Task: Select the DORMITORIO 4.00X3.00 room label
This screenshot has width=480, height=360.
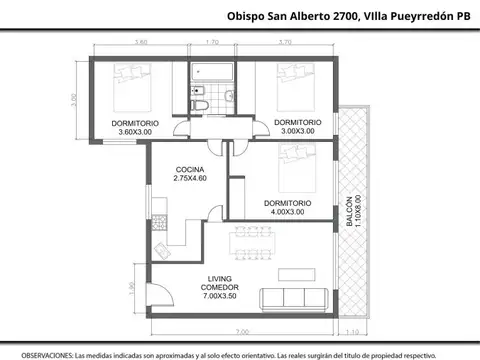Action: point(288,207)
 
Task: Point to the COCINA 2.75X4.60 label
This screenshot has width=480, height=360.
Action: point(189,173)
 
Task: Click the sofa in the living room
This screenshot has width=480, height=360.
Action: point(295,297)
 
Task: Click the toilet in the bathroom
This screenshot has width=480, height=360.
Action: point(199,106)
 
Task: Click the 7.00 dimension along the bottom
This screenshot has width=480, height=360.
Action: point(241,331)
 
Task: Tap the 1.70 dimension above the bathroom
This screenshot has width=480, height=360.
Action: point(211,43)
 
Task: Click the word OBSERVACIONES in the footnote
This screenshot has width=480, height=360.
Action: point(45,353)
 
